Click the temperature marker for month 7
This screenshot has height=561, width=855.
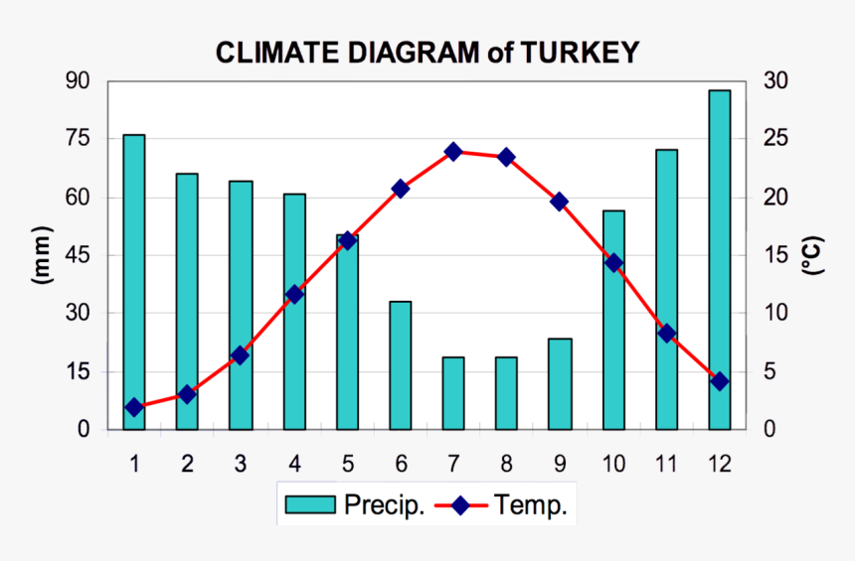coord(453,152)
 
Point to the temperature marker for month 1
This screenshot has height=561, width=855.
coord(134,407)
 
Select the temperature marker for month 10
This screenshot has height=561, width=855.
coord(613,263)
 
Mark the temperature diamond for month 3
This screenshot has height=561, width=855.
coord(240,354)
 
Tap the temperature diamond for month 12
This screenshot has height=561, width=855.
coord(720,381)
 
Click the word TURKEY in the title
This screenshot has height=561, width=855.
coord(578,53)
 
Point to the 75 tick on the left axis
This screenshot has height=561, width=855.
coord(78,139)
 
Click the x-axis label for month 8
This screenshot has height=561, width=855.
coord(506,464)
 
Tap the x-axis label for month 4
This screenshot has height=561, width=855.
coord(293,464)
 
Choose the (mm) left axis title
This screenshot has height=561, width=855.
coord(42,256)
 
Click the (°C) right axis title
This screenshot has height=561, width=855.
coord(812,256)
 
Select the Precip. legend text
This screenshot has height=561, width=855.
coord(384,505)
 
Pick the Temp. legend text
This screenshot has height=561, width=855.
coord(531,505)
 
